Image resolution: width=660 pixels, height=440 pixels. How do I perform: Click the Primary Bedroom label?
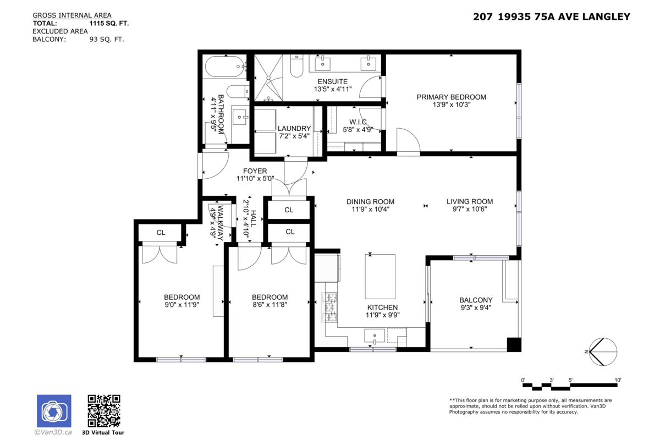[x=451, y=97]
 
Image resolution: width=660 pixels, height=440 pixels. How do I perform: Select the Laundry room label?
[x=294, y=129]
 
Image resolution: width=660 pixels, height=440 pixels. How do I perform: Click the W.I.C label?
[x=358, y=122]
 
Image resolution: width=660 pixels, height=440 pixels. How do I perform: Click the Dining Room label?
[x=370, y=202]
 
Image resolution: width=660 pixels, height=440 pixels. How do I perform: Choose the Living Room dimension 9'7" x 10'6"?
[x=469, y=209]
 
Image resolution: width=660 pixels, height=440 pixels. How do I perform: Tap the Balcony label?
[x=476, y=300]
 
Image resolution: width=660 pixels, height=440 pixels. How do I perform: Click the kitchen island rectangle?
[x=380, y=276]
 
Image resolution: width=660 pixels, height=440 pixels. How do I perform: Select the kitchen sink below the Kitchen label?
[x=376, y=334]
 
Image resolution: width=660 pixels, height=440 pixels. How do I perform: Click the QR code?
[x=104, y=411]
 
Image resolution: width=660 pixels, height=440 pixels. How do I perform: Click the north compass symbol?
[x=603, y=351]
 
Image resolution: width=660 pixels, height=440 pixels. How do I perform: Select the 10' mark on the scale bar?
[x=618, y=380]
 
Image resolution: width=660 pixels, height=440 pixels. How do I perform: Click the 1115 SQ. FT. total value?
[x=109, y=24]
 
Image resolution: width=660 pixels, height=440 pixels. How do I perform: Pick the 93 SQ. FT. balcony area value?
[x=107, y=39]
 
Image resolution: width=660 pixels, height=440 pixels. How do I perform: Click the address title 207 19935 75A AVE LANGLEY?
[x=552, y=17]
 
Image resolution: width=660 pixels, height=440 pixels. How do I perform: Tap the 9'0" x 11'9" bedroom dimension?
[x=182, y=304]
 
